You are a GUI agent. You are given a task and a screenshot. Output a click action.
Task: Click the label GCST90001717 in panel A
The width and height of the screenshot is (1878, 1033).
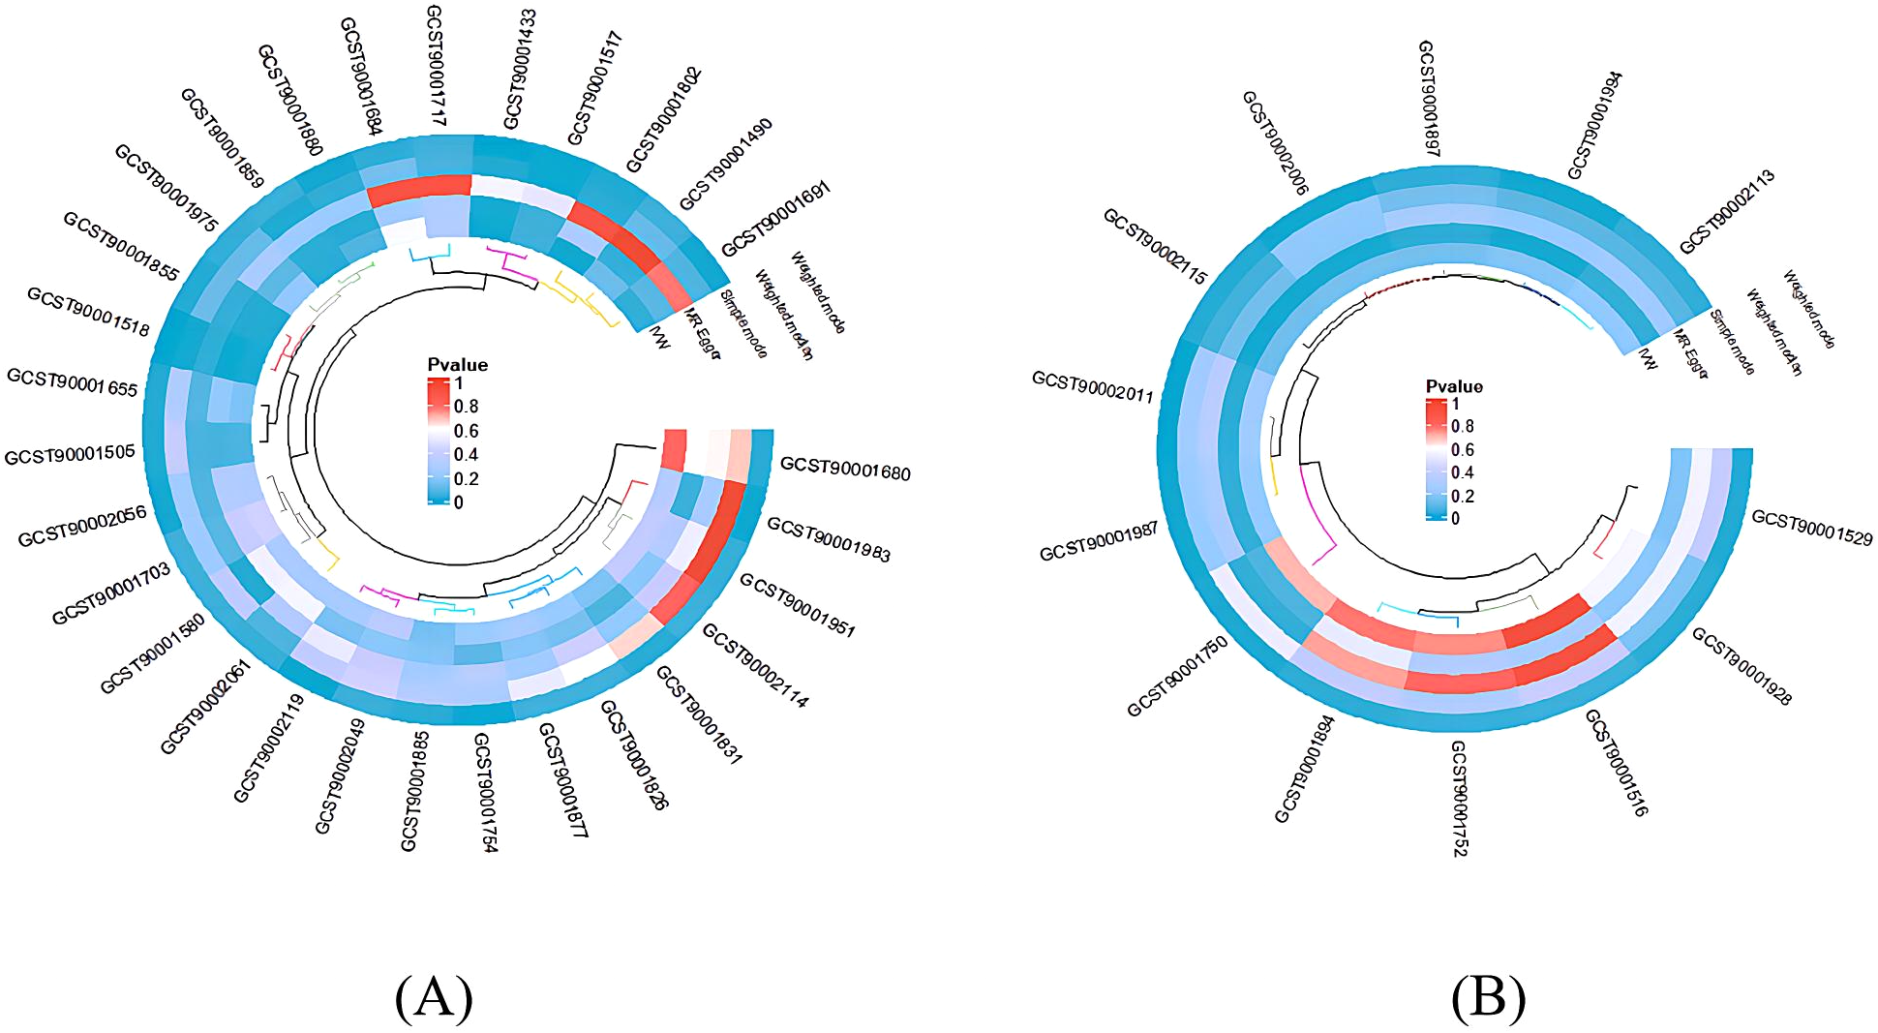(x=436, y=65)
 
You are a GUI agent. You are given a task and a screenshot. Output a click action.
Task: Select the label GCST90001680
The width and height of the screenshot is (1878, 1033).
(x=845, y=468)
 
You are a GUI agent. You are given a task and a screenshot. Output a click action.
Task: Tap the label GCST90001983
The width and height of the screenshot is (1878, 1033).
(x=829, y=538)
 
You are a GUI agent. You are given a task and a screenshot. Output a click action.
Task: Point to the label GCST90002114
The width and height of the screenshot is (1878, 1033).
(x=755, y=665)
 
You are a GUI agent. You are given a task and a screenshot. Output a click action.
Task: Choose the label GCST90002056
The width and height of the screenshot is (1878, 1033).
(x=82, y=526)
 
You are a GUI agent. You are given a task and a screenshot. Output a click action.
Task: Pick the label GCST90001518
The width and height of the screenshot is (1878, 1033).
(x=88, y=312)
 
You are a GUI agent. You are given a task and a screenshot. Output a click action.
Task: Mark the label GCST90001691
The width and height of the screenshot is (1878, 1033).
(x=776, y=219)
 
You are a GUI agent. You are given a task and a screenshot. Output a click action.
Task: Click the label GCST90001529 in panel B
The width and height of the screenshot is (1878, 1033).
(x=1811, y=528)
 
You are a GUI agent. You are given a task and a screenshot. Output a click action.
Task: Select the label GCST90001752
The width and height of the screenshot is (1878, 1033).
(x=1458, y=799)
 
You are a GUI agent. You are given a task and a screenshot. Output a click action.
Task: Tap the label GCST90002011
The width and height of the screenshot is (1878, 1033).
(x=1093, y=386)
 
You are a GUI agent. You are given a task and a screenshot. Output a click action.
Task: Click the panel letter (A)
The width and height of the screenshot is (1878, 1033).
(x=434, y=998)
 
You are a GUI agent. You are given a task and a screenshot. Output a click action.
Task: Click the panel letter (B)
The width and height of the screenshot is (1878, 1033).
(x=1488, y=998)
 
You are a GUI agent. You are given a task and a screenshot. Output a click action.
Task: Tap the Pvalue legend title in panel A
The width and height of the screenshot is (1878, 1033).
(x=458, y=365)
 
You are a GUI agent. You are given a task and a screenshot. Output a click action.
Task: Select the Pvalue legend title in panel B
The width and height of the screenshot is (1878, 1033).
(x=1454, y=386)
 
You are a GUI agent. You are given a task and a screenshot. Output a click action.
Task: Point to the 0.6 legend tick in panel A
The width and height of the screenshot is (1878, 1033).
(x=466, y=431)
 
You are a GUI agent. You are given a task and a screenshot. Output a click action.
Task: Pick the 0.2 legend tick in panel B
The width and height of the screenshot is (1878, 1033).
(x=1463, y=497)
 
